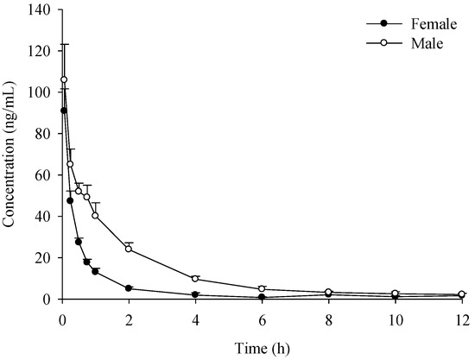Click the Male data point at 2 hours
pyautogui.click(x=129, y=249)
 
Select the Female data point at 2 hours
pyautogui.click(x=129, y=288)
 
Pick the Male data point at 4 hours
pyautogui.click(x=195, y=279)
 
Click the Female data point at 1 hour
pyautogui.click(x=95, y=271)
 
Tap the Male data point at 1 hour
pyautogui.click(x=95, y=216)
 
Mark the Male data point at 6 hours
pyautogui.click(x=262, y=289)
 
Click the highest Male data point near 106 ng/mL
pyautogui.click(x=64, y=79)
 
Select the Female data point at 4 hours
pyautogui.click(x=195, y=295)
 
